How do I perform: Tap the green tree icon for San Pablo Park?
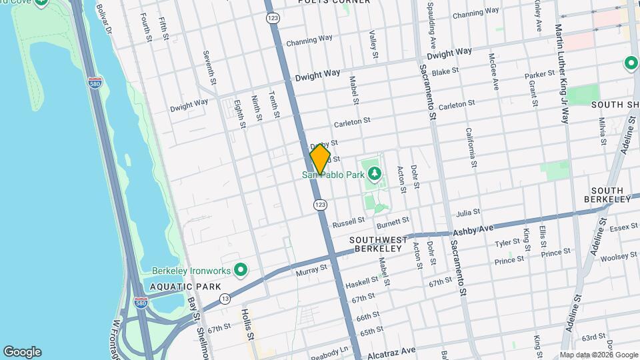(375, 175)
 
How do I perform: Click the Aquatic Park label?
(175, 287)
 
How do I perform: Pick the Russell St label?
(348, 220)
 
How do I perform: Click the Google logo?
(22, 352)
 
